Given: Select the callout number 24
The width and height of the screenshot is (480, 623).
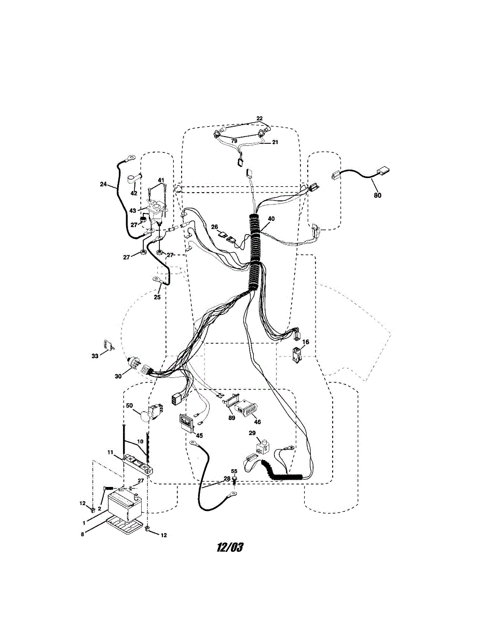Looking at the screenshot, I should pos(103,183).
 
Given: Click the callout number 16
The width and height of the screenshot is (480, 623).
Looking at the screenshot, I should pos(306,342).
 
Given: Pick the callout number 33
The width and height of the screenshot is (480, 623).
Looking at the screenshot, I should pos(95,356).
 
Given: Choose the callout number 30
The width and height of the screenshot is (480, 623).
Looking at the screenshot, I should pos(119,376).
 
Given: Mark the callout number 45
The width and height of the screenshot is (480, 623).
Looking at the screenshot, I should pos(199,435).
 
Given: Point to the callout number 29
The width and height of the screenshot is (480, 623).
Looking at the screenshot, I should pos(252,432).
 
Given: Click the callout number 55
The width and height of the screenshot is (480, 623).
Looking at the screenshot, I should pos(234,471).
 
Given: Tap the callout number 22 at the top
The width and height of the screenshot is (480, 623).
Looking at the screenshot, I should pos(259,119).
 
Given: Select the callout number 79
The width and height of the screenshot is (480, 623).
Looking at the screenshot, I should pos(234,141).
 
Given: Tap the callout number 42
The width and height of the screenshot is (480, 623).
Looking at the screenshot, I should pos(134,193).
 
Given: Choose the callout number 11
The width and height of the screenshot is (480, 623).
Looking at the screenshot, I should pos(111,453).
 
